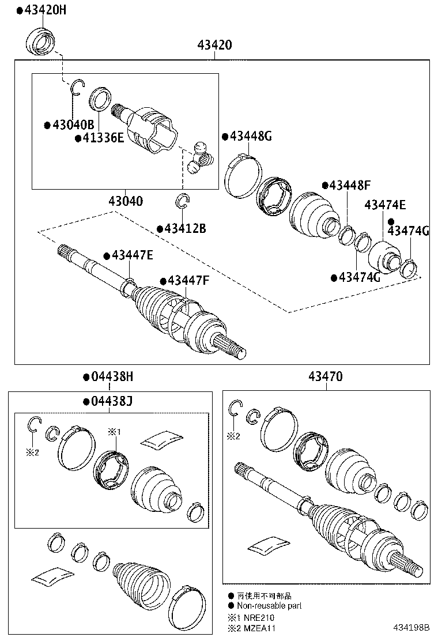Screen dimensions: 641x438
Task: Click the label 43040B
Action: point(71,125)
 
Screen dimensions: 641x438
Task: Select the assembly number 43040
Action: point(126,201)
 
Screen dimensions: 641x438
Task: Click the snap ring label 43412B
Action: point(184,228)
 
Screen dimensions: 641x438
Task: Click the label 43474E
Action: point(384,205)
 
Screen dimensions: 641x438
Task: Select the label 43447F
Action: point(187,281)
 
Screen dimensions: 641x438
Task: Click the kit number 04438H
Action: point(111,377)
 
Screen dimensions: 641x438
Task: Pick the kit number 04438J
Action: point(111,401)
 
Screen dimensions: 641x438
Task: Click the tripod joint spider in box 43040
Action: point(199,157)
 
